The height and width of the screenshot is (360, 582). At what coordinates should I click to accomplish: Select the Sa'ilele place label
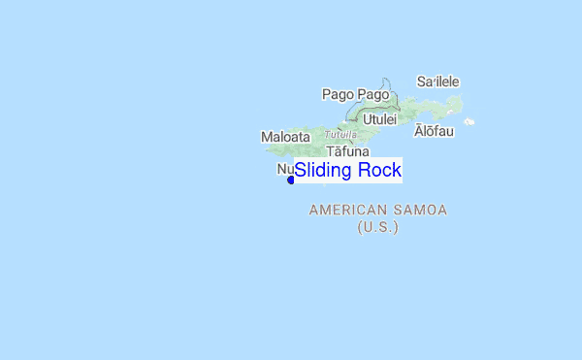pos(437,82)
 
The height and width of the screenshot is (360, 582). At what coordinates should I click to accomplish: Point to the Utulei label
pos(379,119)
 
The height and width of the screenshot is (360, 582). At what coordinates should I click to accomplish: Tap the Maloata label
pos(285,137)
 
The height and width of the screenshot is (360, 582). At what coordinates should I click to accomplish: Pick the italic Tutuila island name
pos(340,134)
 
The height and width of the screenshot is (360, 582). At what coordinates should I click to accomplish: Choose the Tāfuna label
pos(347,151)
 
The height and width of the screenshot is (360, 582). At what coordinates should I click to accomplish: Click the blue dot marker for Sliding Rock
pos(291,180)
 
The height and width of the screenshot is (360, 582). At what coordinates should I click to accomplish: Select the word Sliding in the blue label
pos(323,171)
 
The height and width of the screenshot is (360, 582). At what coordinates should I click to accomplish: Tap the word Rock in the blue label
pos(379,171)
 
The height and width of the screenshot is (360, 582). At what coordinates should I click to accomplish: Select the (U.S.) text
pos(377,227)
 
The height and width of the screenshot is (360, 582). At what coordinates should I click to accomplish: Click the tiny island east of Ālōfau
pos(469,121)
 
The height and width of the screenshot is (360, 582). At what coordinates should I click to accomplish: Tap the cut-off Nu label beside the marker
pos(285,169)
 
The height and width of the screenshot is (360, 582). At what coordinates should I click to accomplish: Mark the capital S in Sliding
pos(301,171)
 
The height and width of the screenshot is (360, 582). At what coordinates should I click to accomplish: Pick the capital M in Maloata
pos(267,137)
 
